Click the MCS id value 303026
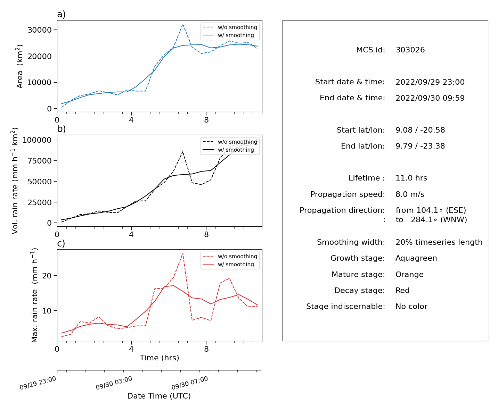pos(410,50)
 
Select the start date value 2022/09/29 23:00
pos(430,82)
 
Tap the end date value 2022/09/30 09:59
pos(430,98)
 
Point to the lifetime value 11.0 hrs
pos(411,178)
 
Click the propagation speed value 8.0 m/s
pos(409,194)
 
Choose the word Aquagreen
pos(416,258)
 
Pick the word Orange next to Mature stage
pos(409,275)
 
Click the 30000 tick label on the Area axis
pos(40,30)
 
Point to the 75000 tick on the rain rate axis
pos(40,161)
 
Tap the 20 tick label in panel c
pos(47,276)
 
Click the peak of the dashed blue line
pos(183,24)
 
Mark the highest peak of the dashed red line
pos(183,253)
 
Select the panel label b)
pos(61,129)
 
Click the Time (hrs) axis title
pos(159,358)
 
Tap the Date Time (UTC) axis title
pos(159,396)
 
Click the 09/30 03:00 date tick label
pos(114,383)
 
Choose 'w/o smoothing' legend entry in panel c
pos(230,256)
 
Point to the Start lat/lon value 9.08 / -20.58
pos(420,130)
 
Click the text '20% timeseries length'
pos(439,242)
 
